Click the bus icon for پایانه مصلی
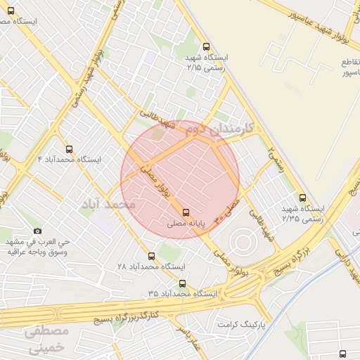[x=186, y=212]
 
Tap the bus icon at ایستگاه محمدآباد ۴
[x=69, y=149]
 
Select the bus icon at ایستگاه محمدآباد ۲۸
[x=152, y=256]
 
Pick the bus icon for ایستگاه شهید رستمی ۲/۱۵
[x=205, y=48]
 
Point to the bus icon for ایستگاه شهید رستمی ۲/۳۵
[x=302, y=198]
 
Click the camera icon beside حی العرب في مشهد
[x=38, y=231]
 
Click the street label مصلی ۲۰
[x=228, y=207]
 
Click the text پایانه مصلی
[x=186, y=224]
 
